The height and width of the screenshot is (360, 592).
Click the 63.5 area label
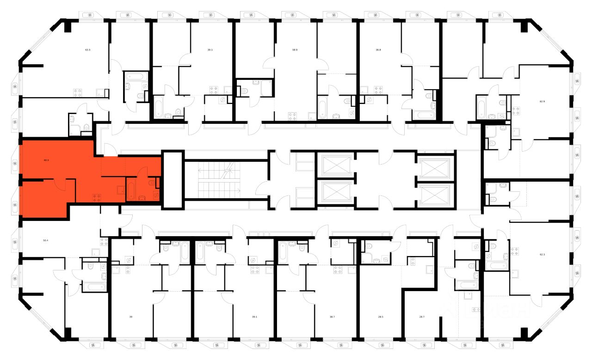(87, 49)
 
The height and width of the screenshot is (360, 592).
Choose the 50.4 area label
(45, 240)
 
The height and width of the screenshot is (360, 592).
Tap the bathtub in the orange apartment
(131, 191)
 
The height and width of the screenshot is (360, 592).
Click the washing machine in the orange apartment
(156, 195)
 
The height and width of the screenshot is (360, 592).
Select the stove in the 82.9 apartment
(516, 111)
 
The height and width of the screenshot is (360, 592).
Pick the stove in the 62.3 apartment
(515, 252)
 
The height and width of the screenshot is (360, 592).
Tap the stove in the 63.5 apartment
(77, 93)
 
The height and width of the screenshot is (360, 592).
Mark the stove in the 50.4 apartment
(104, 241)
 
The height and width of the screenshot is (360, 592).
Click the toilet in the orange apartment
(151, 183)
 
